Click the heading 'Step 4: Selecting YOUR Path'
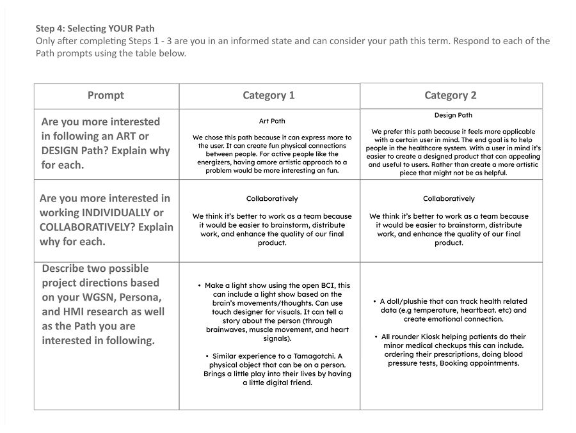click(95, 29)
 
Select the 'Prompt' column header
click(106, 95)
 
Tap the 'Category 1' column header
click(269, 95)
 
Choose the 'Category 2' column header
click(451, 95)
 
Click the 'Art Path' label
click(272, 121)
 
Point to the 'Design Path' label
click(453, 116)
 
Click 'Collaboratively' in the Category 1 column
click(272, 199)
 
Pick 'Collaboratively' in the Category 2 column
click(449, 199)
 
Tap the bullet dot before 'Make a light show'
click(200, 286)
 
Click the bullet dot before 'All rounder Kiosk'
click(376, 336)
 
